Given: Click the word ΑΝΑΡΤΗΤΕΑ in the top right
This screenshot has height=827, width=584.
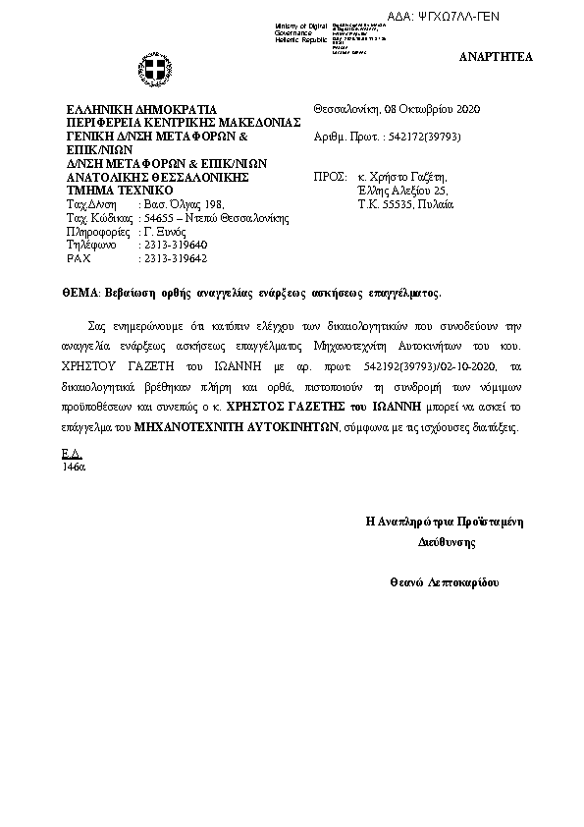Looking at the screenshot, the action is pos(496,57).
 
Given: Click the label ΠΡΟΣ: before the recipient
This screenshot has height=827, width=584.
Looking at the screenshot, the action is pos(325,178).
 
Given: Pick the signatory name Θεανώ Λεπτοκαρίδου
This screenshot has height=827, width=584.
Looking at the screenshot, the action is pos(444,583).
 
